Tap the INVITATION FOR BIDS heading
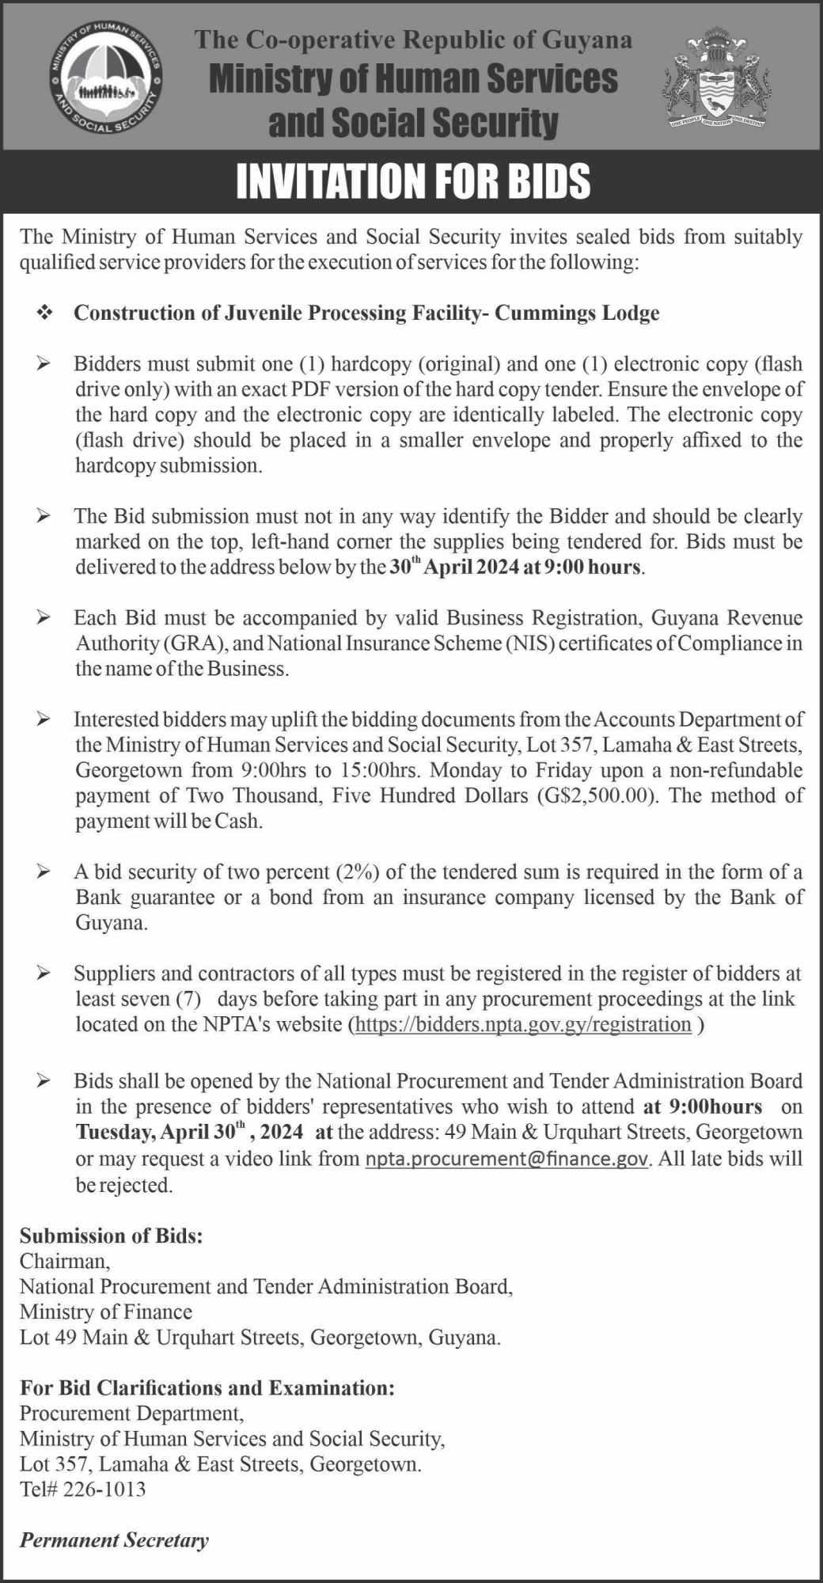[x=413, y=181]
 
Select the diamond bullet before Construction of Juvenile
[x=44, y=313]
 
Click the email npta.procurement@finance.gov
[x=507, y=1160]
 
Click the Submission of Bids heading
[x=112, y=1236]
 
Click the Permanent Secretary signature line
[x=115, y=1539]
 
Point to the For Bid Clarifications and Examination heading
[x=207, y=1387]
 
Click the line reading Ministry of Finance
[x=106, y=1312]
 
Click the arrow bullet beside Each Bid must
[x=44, y=617]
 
